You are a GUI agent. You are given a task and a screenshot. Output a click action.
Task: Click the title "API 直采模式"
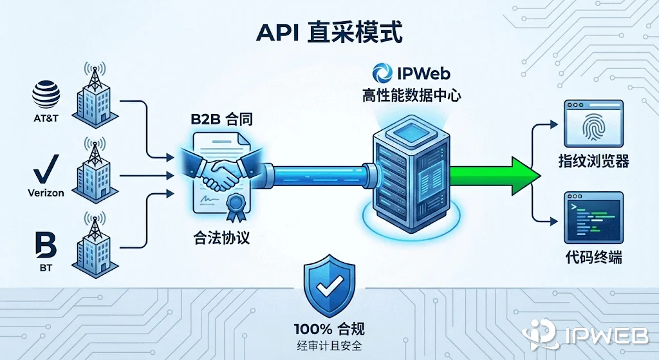329,32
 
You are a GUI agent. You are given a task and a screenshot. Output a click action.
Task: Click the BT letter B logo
46,246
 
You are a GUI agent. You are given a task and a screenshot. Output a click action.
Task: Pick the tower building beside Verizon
91,171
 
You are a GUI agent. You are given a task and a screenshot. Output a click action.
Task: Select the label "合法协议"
221,238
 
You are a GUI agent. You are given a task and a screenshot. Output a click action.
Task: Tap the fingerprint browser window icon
593,124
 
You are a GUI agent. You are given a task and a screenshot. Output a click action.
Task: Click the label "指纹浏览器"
593,161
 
